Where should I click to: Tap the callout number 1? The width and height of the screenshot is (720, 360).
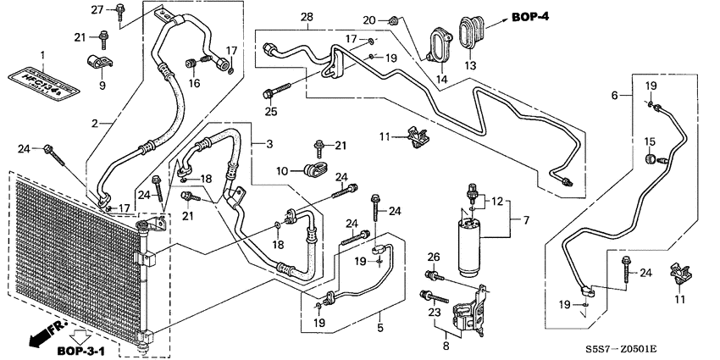(x=41, y=56)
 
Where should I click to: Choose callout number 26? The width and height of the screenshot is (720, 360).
(x=433, y=258)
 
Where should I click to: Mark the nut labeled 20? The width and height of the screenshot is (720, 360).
(x=394, y=19)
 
